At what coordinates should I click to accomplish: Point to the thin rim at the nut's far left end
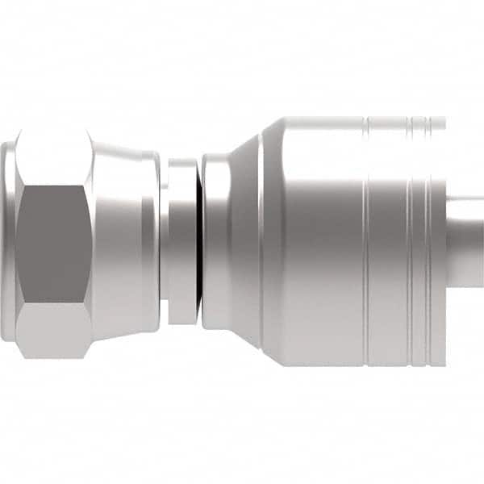pos(6,242)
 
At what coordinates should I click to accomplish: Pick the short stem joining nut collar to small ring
pos(163,242)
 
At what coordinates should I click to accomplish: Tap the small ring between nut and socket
pos(182,242)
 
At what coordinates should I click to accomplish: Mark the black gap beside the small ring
pos(198,242)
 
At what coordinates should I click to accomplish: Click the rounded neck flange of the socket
pos(215,242)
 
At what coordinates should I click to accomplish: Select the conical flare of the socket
pos(247,242)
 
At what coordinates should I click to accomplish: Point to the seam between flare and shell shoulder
pos(262,242)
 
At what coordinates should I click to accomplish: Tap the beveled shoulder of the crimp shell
pos(273,242)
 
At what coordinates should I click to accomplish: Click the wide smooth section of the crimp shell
pos(323,242)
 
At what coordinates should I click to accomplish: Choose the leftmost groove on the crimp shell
pos(366,242)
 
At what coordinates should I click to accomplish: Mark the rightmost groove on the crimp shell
pos(428,242)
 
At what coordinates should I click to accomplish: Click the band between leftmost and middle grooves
pos(388,242)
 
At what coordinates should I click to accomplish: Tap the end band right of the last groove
pos(438,242)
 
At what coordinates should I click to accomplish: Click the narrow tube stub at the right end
pos(465,242)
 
